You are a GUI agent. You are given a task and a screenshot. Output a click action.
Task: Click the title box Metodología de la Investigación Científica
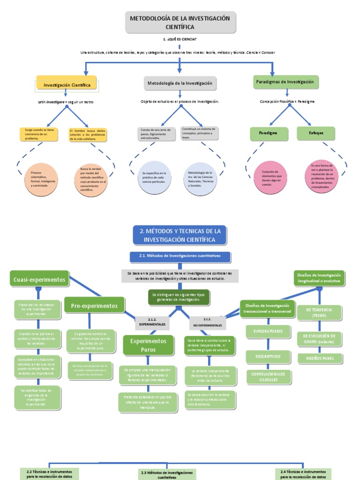tap(180, 22)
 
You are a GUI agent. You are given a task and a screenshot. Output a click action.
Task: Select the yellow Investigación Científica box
tap(67, 85)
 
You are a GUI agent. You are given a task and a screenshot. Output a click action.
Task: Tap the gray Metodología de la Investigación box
tap(180, 83)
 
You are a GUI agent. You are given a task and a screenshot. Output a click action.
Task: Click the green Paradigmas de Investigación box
tap(285, 82)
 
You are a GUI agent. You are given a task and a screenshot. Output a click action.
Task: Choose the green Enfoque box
tap(316, 133)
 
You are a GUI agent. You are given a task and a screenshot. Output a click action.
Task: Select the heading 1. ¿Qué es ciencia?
tap(180, 40)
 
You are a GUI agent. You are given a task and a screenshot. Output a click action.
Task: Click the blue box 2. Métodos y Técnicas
tap(180, 234)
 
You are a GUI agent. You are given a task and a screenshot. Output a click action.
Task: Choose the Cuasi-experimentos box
tap(39, 280)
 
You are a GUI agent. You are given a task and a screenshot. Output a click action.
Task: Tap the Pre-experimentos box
tap(94, 306)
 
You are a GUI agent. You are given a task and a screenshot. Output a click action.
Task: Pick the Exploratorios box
tap(268, 331)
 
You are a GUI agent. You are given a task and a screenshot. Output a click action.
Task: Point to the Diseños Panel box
tap(320, 359)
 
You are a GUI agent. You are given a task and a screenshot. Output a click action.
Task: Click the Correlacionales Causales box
tap(268, 377)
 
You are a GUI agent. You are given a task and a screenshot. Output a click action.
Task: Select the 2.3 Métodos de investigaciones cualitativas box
tap(167, 475)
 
